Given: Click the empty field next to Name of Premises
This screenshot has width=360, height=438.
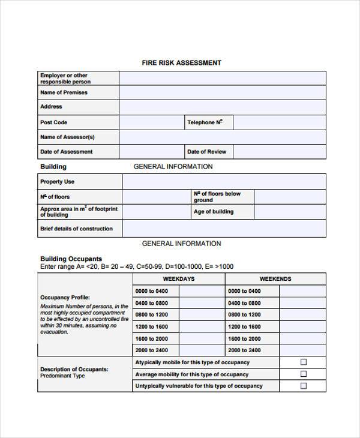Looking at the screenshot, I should pos(222,92).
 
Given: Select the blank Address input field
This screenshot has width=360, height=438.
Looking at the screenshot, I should pos(222,107).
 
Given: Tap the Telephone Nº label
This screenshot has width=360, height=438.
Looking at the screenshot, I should pos(205,122).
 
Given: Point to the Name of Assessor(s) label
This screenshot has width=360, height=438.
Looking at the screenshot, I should pos(67,137).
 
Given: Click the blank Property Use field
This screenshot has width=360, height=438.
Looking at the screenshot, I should pos(224,182).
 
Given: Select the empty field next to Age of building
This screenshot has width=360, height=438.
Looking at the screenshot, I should pos(290,212).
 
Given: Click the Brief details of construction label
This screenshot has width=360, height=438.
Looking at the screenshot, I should pos(76,229).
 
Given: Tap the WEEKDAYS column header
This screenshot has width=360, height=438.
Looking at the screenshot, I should pos(179,279).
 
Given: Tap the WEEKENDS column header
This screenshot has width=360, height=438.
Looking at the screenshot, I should pos(275,279).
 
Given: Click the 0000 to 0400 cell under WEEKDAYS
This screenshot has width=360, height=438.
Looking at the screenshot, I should pos(152,291).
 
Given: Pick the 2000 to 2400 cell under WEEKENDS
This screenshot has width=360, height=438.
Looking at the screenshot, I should pos(244,350).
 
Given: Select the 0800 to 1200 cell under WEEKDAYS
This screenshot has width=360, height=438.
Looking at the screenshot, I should pos(152,314).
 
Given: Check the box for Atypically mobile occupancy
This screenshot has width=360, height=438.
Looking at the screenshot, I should pos(303,362).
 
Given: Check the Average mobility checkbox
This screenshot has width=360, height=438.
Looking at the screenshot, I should pos(303,374).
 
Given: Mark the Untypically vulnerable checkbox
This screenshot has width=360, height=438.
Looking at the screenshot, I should pos(303,386).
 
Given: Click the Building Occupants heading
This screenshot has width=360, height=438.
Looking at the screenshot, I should pos(71,259).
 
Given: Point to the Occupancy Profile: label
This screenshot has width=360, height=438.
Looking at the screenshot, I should pos(65,297).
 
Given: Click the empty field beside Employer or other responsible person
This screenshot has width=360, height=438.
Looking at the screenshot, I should pos(222,78).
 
